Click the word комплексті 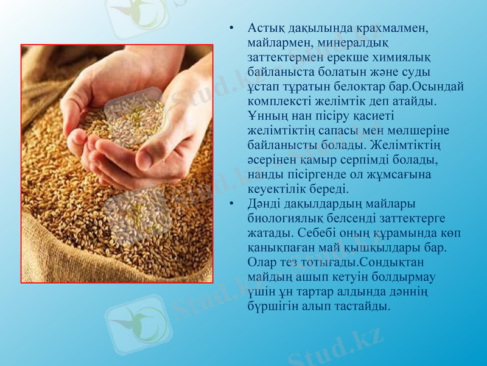click(279, 101)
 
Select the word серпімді click(376, 160)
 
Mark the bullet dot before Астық click(231, 29)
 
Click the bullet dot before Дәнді click(231, 204)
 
